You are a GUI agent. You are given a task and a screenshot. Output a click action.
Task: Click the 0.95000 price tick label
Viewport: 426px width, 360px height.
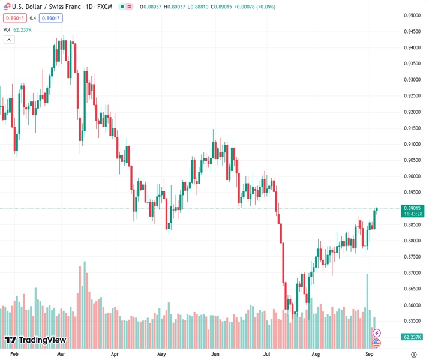coord(412,16)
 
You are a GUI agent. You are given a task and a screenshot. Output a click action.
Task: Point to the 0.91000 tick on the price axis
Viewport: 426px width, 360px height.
coord(412,144)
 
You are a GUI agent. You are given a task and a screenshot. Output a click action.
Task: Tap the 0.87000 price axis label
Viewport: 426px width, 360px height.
coord(412,272)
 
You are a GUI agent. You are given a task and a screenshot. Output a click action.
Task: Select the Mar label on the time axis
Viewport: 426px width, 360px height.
coord(61,354)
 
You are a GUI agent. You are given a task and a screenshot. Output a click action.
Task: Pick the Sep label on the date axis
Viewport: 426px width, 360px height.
coord(370,354)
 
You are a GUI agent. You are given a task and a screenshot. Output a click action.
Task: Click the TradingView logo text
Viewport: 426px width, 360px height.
coord(42,340)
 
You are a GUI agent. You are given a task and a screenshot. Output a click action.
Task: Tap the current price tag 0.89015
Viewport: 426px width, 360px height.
coord(413,208)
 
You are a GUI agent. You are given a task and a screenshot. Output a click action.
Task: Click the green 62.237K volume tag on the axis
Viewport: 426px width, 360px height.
coord(413,337)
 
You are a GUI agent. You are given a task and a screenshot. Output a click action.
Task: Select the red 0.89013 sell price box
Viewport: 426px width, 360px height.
coord(14,18)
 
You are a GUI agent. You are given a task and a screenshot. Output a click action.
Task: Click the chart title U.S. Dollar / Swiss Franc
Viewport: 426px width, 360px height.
coord(48,7)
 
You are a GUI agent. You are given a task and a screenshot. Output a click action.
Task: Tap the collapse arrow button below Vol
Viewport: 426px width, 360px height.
coord(9,40)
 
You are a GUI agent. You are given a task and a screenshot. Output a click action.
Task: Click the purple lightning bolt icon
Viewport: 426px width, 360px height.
coord(376,332)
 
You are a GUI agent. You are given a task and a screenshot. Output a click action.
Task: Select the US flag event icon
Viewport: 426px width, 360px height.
coord(376,343)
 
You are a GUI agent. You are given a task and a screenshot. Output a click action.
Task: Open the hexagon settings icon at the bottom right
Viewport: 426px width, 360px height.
coord(413,354)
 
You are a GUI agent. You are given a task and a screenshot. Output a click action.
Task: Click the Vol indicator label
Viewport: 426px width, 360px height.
coord(7,29)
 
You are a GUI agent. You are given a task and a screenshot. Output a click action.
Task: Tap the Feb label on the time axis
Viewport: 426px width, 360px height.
coord(15,354)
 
